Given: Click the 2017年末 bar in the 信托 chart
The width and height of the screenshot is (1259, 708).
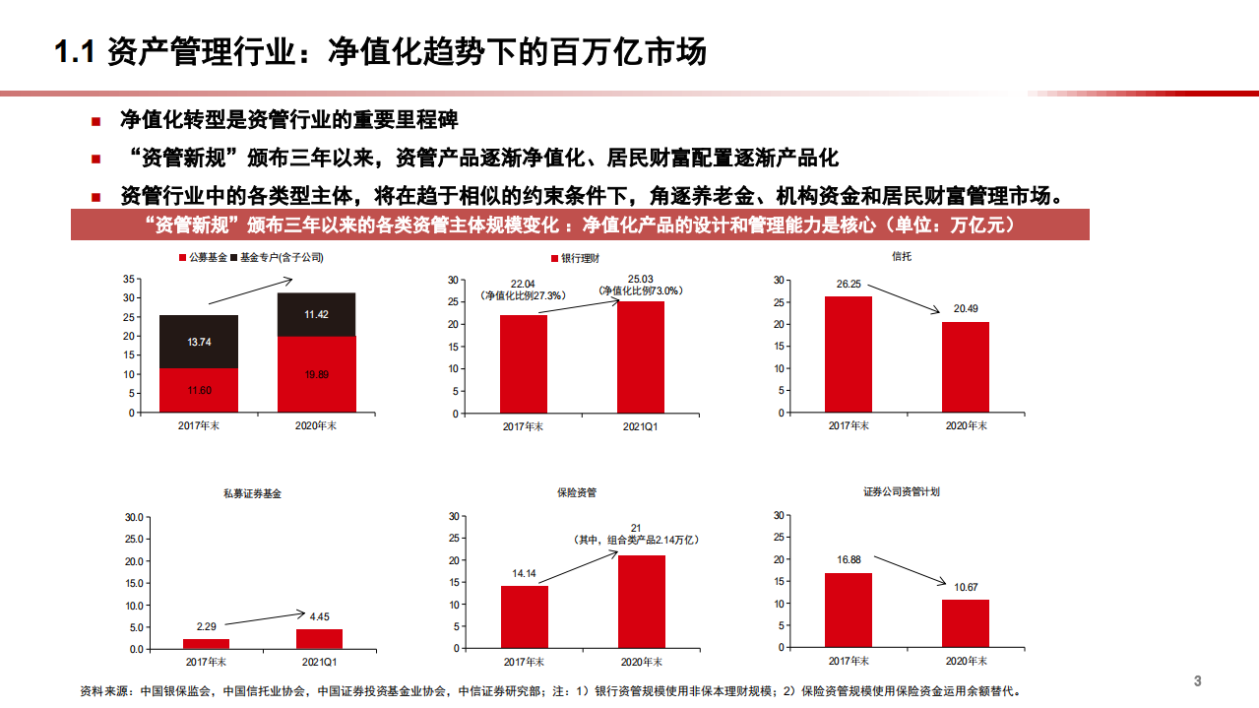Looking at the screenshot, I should pyautogui.click(x=848, y=354).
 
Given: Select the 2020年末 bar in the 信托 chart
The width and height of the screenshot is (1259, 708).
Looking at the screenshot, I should pyautogui.click(x=965, y=367).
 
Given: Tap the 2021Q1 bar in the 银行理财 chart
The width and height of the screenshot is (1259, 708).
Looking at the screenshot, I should pyautogui.click(x=641, y=356).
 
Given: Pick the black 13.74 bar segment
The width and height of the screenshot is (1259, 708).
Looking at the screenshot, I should pyautogui.click(x=198, y=342).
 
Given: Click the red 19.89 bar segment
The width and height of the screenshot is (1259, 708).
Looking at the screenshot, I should pyautogui.click(x=316, y=374).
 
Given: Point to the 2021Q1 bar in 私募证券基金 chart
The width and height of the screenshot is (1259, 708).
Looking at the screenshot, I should pyautogui.click(x=319, y=639).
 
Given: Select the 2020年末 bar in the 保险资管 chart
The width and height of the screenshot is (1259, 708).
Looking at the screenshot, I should pyautogui.click(x=641, y=602).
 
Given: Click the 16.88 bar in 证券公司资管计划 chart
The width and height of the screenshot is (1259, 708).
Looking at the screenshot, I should pyautogui.click(x=848, y=611).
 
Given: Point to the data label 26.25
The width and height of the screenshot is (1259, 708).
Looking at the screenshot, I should pyautogui.click(x=848, y=285).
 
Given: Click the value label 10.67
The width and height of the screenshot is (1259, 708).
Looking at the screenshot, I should pyautogui.click(x=966, y=588).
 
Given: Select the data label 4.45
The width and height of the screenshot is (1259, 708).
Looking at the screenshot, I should pyautogui.click(x=319, y=617).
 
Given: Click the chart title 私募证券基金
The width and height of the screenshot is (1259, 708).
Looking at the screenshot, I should pyautogui.click(x=252, y=493).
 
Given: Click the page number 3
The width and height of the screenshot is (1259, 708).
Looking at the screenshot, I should pyautogui.click(x=1198, y=681).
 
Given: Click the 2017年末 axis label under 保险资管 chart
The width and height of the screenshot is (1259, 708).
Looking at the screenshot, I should pyautogui.click(x=524, y=661).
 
